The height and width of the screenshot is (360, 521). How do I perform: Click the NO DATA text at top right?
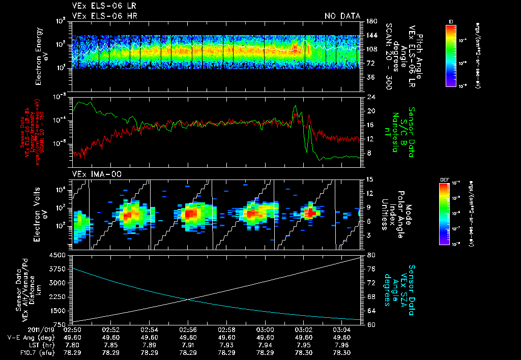tap(342, 16)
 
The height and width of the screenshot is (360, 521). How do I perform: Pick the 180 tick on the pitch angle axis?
tap(369, 21)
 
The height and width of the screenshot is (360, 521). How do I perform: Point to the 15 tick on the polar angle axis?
tap(369, 179)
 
